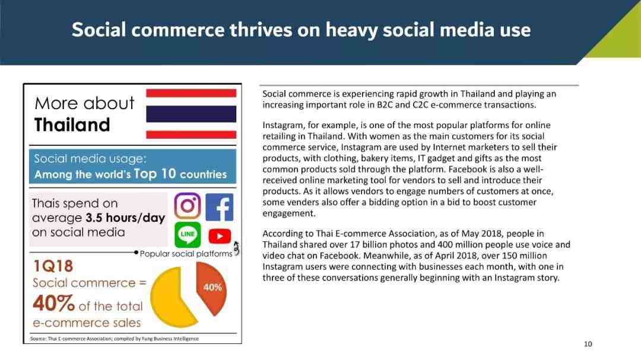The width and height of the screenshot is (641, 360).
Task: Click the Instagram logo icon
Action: [x=187, y=206]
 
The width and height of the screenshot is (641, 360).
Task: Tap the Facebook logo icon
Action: [x=220, y=207]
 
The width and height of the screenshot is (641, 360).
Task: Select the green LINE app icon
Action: [x=188, y=234]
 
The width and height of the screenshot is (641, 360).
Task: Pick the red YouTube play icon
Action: [x=220, y=236]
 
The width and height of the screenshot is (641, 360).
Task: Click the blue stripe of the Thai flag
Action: [x=191, y=114]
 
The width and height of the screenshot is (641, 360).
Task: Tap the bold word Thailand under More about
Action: [x=72, y=125]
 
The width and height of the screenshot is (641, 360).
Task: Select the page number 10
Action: [x=588, y=344]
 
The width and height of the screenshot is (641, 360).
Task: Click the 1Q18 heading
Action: [x=53, y=266]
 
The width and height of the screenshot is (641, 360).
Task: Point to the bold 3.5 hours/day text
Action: [x=125, y=218]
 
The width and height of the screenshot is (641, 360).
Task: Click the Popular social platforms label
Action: [x=186, y=254]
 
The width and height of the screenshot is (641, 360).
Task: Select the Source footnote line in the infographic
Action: [x=115, y=339]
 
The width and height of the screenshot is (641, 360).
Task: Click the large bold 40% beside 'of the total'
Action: [x=53, y=304]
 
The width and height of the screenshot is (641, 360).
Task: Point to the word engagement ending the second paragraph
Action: [x=288, y=214]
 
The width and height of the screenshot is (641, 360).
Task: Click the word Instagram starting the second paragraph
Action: [x=281, y=126]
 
